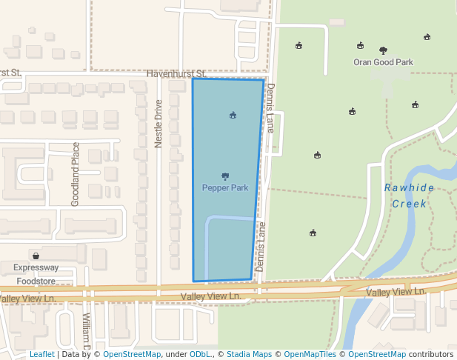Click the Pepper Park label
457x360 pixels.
[x=225, y=188]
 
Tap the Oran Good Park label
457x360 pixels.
[x=383, y=63]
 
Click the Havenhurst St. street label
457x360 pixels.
[x=176, y=74]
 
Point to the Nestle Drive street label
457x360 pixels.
[x=158, y=124]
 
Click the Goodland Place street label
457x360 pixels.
[x=75, y=174]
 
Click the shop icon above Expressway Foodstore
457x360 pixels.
[x=36, y=256]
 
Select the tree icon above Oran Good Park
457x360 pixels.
[x=383, y=50]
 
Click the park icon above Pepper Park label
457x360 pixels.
[x=225, y=176]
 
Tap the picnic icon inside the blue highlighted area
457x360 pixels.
[x=233, y=115]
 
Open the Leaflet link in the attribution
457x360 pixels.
[x=41, y=355]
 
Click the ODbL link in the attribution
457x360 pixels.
[x=200, y=355]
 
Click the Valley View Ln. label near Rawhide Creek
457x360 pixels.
[x=396, y=293]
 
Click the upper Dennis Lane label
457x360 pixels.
[x=271, y=108]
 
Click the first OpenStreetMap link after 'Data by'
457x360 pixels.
[x=132, y=355]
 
